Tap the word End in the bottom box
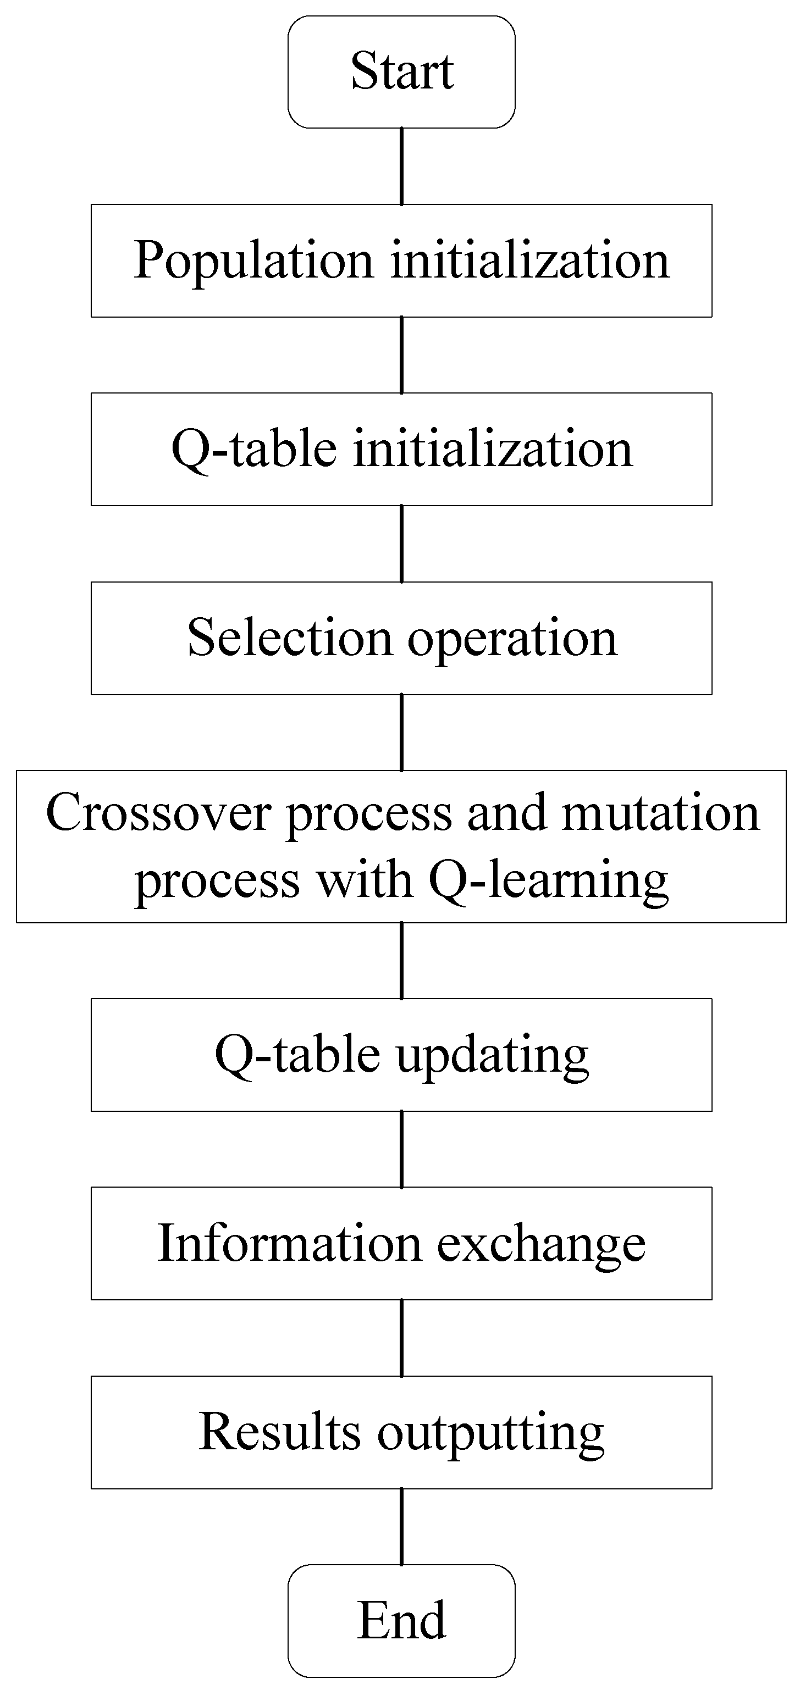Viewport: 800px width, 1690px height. pos(401,1620)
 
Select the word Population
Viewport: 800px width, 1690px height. pos(254,261)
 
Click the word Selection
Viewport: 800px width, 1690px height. pos(289,638)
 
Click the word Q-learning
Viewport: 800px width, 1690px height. pos(549,881)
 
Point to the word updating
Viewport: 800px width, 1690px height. pos(492,1056)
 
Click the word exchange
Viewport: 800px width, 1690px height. pos(542,1244)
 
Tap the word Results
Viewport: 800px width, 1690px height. pos(279,1432)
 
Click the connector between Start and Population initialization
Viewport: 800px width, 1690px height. pos(401,166)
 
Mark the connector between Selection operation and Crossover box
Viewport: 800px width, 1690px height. pos(401,732)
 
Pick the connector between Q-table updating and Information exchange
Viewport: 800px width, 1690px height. pos(401,1149)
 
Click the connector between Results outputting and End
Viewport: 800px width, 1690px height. pos(401,1527)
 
